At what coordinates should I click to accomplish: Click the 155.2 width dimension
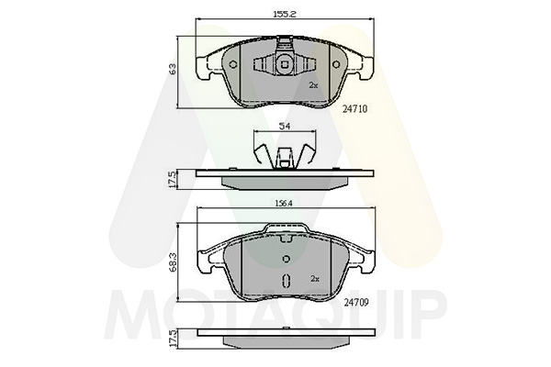coord(285,15)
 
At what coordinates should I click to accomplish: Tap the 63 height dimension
coord(173,69)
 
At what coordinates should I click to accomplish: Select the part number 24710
coord(354,109)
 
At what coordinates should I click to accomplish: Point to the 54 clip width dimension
coord(285,127)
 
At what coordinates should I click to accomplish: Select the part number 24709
coord(356,303)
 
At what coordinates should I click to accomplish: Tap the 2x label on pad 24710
coord(313,85)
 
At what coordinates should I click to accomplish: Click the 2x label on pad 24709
coord(315,279)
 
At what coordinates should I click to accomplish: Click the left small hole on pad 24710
coord(233,64)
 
